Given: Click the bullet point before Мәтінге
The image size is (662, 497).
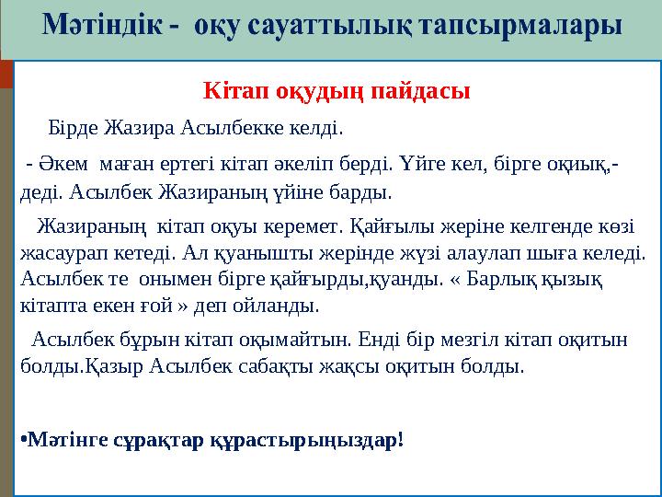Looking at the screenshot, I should coord(23,440).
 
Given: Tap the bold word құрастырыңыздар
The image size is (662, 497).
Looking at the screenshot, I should coord(322,441).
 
